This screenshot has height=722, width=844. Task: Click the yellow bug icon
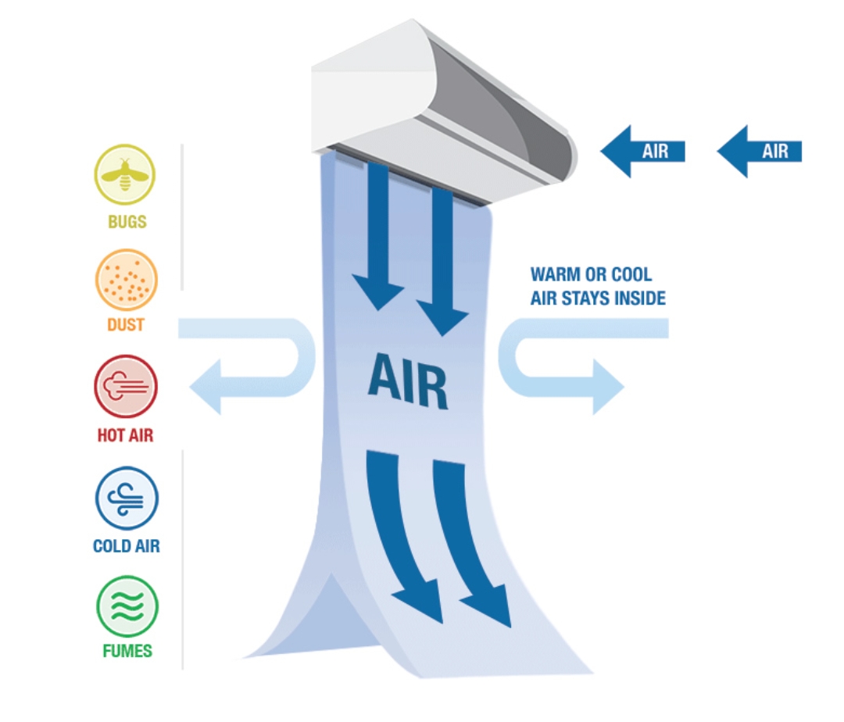pyautogui.click(x=125, y=174)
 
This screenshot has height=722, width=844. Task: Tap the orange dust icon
pyautogui.click(x=127, y=280)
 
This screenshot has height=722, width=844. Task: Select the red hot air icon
pyautogui.click(x=126, y=386)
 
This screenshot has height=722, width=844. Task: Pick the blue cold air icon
pyautogui.click(x=127, y=499)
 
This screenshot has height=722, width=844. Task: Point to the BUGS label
pyautogui.click(x=127, y=222)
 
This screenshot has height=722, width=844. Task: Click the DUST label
pyautogui.click(x=126, y=324)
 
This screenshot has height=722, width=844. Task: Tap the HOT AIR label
pyautogui.click(x=126, y=435)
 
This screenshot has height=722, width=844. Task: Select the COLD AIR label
pyautogui.click(x=127, y=545)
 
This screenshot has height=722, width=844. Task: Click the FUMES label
pyautogui.click(x=127, y=651)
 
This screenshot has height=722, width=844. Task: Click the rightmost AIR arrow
pyautogui.click(x=760, y=151)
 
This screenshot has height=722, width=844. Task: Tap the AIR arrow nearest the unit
pyautogui.click(x=642, y=151)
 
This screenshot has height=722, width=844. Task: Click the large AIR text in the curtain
pyautogui.click(x=408, y=381)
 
